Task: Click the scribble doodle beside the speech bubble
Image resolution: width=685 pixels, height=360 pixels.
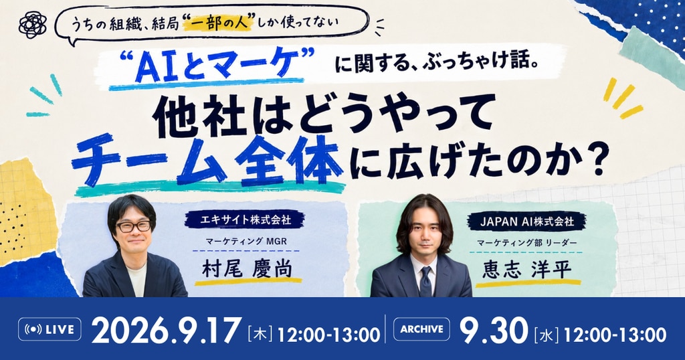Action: pyautogui.click(x=32, y=25)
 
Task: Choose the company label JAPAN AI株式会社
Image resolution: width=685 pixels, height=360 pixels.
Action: pyautogui.click(x=526, y=222)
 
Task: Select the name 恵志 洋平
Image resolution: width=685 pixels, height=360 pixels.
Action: pyautogui.click(x=527, y=270)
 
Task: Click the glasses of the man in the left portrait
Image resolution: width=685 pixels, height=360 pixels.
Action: pyautogui.click(x=133, y=226)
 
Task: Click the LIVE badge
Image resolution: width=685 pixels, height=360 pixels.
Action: pyautogui.click(x=50, y=329)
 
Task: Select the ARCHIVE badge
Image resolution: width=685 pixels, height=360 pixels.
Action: pyautogui.click(x=421, y=329)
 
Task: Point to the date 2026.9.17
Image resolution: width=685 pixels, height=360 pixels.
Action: pyautogui.click(x=166, y=331)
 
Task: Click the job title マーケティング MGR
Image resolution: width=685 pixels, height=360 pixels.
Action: pyautogui.click(x=246, y=242)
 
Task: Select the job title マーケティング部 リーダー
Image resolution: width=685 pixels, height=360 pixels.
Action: pyautogui.click(x=527, y=243)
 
